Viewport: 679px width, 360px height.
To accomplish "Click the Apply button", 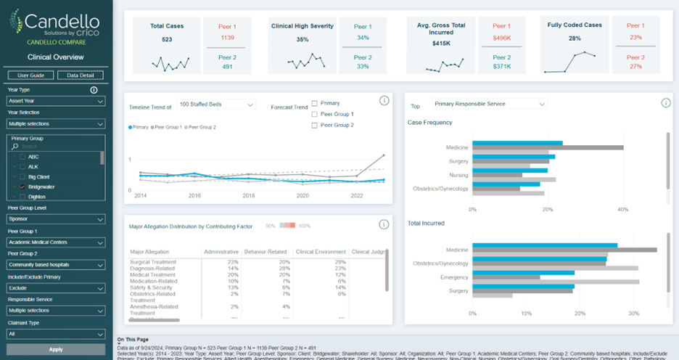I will [x=56, y=349].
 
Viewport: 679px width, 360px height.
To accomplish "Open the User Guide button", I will [x=30, y=75].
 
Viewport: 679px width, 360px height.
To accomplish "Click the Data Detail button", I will [x=80, y=75].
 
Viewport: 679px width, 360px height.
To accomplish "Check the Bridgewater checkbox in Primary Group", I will [x=22, y=187].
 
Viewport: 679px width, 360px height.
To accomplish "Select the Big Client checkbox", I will [x=22, y=176].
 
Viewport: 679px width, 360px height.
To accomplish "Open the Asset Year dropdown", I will [x=56, y=102].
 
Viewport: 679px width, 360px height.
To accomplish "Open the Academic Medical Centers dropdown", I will [x=56, y=242].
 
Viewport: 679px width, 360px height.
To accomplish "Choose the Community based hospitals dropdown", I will [x=56, y=265].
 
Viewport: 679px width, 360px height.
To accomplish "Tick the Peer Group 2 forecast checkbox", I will [x=314, y=126].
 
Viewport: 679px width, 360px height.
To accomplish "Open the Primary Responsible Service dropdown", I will [x=488, y=105].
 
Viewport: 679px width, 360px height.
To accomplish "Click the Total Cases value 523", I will [x=167, y=39].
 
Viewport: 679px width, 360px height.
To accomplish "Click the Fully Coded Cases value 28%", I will [x=575, y=38].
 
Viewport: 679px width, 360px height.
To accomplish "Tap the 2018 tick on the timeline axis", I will [x=248, y=196].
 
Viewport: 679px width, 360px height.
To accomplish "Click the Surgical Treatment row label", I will [x=152, y=261].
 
